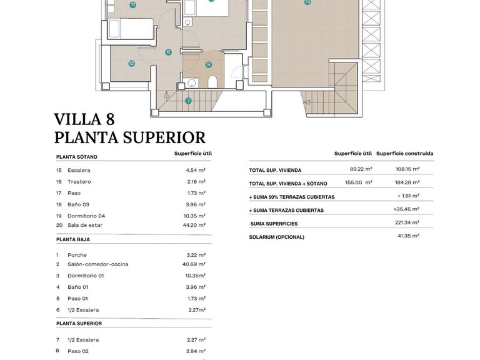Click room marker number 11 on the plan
click(132, 4)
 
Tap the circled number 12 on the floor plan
click(131, 63)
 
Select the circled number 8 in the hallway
click(168, 52)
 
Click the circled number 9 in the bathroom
click(208, 64)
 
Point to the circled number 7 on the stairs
click(188, 100)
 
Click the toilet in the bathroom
click(212, 81)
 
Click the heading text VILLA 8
click(84, 119)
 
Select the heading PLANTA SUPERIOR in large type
click(129, 137)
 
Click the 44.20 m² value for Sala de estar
click(196, 225)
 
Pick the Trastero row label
click(79, 182)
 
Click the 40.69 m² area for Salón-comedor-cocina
click(194, 264)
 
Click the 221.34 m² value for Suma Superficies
click(407, 223)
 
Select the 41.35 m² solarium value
click(408, 236)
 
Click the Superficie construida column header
click(404, 154)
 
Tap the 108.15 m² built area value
click(407, 169)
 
